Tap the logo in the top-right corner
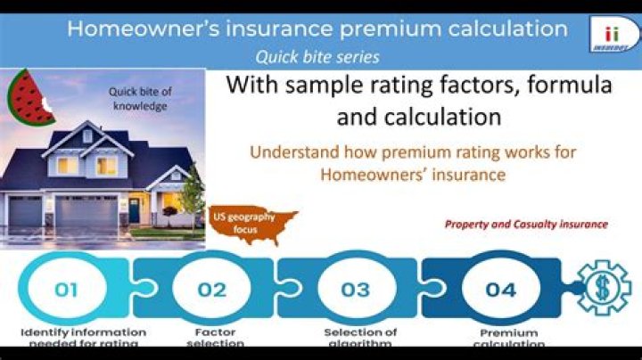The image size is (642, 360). pyautogui.click(x=612, y=32)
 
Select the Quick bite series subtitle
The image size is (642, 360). pyautogui.click(x=317, y=56)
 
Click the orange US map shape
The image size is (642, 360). pyautogui.click(x=254, y=226)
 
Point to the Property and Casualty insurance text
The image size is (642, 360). pyautogui.click(x=526, y=225)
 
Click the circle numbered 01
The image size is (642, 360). pyautogui.click(x=66, y=290)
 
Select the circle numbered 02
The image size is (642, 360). pyautogui.click(x=212, y=290)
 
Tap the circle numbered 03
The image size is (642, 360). pyautogui.click(x=356, y=290)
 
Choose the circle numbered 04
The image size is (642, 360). pyautogui.click(x=500, y=290)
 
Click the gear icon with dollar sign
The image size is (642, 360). pyautogui.click(x=604, y=287)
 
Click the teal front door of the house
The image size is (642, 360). pyautogui.click(x=134, y=210)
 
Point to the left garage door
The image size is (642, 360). pyautogui.click(x=24, y=213)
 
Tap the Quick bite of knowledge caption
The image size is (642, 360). pyautogui.click(x=139, y=98)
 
